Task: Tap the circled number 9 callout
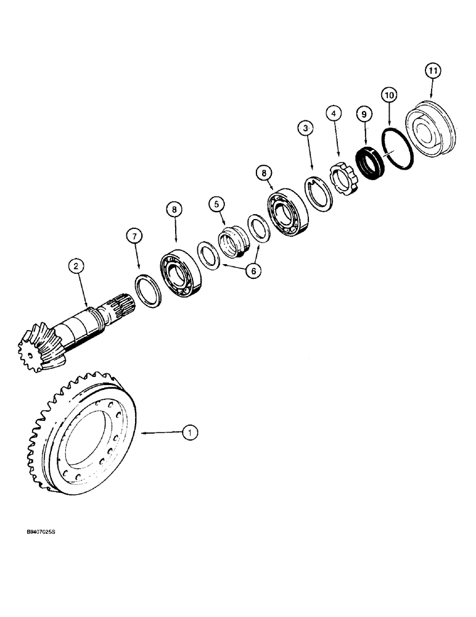[364, 114]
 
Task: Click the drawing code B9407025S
[47, 540]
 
